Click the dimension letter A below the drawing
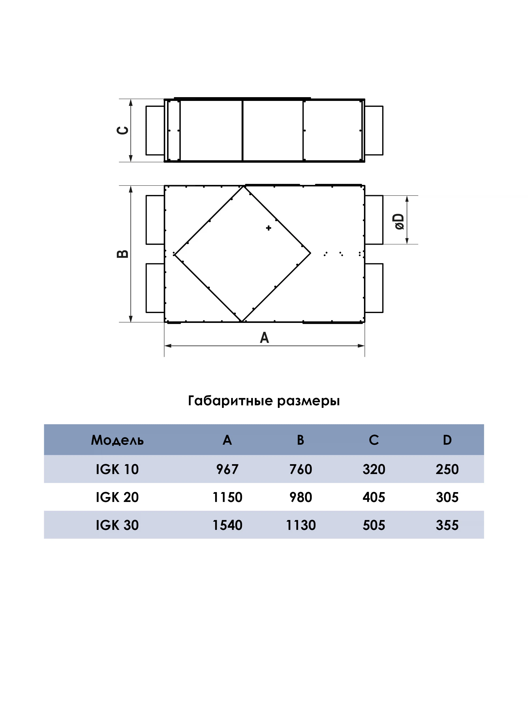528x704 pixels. [264, 337]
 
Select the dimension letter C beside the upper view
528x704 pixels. [123, 130]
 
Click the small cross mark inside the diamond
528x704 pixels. [269, 228]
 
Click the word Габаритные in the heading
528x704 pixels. [230, 401]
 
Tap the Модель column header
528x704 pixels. [117, 440]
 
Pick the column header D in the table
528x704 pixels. [447, 440]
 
